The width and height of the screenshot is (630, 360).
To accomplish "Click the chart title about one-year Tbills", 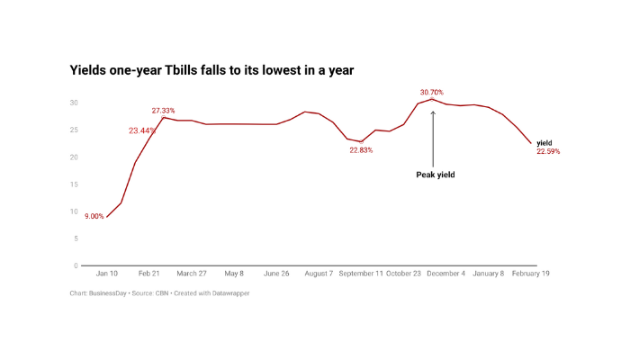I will coord(211,69).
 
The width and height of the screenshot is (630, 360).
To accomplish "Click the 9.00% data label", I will coord(94,217).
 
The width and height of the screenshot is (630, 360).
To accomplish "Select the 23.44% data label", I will coord(140,130).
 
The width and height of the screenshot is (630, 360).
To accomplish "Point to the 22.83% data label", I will coord(361,150).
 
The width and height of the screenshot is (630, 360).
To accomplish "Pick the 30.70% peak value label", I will coord(431,92).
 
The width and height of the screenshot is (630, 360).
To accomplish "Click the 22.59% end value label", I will coord(548,152).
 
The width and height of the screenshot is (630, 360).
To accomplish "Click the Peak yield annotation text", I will coord(435,175).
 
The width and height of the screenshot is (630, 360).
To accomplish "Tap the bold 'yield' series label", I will coord(544,142).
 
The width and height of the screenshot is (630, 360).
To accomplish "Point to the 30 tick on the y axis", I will coord(75,103).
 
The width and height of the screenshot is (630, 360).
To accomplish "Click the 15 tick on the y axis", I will coord(75,184).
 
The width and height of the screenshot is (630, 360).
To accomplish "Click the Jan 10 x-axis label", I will coord(107,274).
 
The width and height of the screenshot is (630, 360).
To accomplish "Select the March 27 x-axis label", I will coord(191,274).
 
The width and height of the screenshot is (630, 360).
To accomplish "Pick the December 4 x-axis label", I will coord(445,274).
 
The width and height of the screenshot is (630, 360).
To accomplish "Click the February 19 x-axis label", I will coord(531,274).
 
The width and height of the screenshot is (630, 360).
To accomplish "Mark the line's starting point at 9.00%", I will coord(107,217).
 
